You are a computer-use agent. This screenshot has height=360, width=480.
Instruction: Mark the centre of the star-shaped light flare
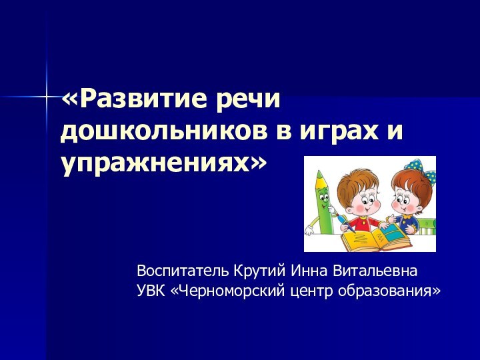pyautogui.click(x=47, y=98)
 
